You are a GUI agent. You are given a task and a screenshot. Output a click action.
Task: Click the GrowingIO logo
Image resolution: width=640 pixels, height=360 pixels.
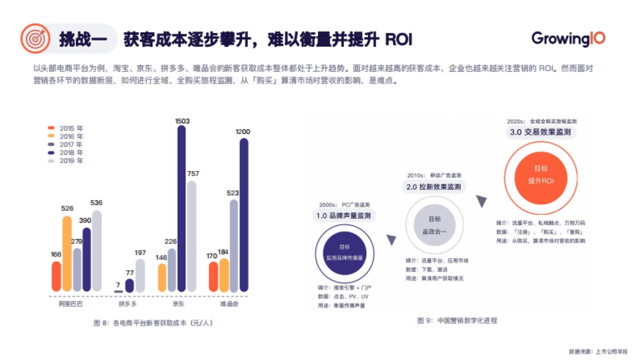(x=568, y=39)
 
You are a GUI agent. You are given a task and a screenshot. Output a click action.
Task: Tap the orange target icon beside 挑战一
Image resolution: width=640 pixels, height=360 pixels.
(x=35, y=39)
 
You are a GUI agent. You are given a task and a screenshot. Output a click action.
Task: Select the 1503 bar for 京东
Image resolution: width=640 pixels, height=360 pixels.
(x=181, y=208)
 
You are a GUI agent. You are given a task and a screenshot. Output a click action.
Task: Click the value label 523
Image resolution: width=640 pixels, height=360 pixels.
(x=233, y=193)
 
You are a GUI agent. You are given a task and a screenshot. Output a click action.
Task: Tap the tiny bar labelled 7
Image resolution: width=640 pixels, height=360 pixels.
(x=118, y=291)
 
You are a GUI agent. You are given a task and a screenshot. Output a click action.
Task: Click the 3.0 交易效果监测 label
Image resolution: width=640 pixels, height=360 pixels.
(x=541, y=132)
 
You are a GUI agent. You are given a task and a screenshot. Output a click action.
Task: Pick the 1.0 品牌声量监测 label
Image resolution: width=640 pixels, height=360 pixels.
(x=345, y=215)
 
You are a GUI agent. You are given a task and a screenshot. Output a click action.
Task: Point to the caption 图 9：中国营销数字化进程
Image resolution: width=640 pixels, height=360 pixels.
(x=457, y=321)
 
